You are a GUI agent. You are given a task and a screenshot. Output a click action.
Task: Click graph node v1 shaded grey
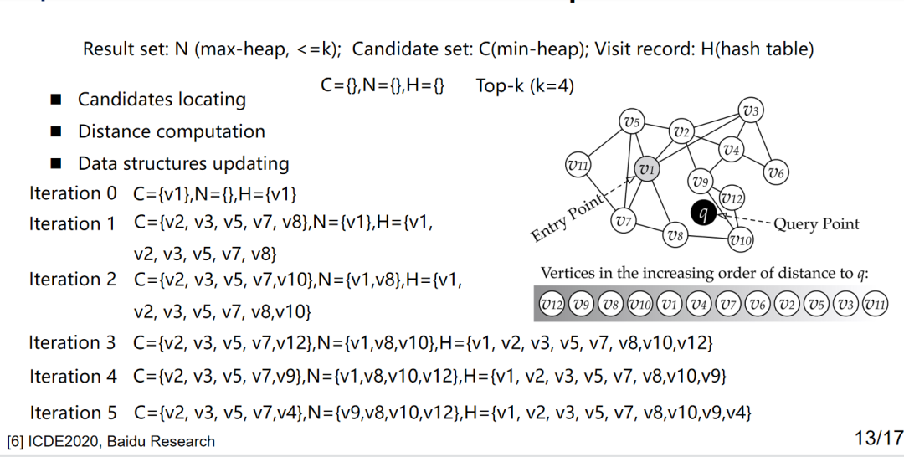point(645,168)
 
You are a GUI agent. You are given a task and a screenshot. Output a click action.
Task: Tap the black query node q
point(704,214)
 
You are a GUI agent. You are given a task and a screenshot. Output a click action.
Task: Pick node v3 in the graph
point(750,110)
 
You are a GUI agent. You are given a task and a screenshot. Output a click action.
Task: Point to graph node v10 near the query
point(740,240)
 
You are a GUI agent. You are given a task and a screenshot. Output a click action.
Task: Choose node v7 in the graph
point(622,221)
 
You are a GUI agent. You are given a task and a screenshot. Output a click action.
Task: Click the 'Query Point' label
point(816,224)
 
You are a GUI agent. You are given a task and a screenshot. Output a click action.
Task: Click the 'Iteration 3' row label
point(72,342)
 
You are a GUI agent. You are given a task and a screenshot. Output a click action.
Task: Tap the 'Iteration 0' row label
point(73,193)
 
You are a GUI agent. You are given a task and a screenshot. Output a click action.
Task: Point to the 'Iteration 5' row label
point(73,413)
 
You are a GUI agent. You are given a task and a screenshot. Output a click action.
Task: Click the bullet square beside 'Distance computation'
point(56,132)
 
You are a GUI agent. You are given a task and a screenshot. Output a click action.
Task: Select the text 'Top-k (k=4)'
point(525,85)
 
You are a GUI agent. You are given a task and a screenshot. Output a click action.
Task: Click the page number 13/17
point(879,437)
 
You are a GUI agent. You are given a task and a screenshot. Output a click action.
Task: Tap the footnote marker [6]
point(14,441)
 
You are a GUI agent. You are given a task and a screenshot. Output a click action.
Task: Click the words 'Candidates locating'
point(162,100)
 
